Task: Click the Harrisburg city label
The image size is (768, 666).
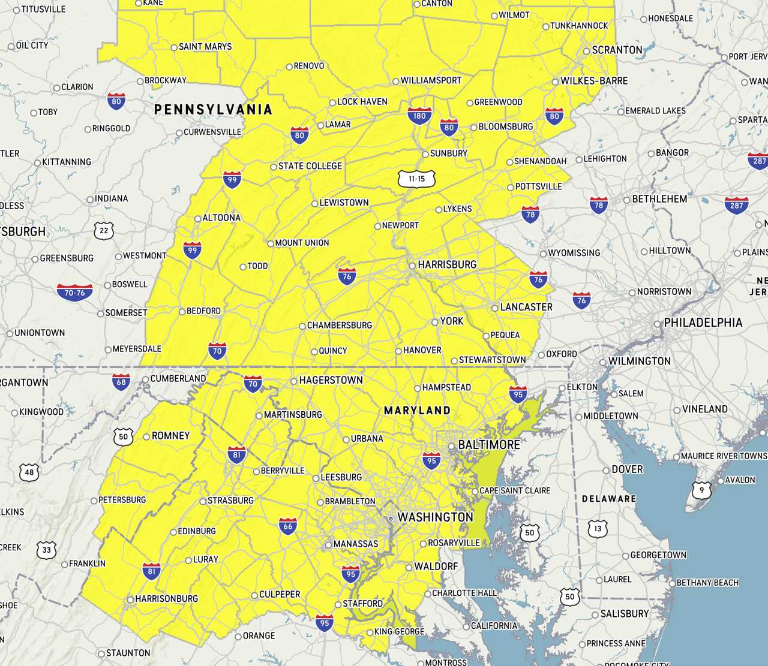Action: pyautogui.click(x=447, y=264)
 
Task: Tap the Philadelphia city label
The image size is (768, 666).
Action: pyautogui.click(x=703, y=323)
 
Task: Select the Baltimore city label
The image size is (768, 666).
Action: pyautogui.click(x=488, y=445)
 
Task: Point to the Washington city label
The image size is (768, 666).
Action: pyautogui.click(x=435, y=517)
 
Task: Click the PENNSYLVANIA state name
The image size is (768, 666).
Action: pyautogui.click(x=213, y=110)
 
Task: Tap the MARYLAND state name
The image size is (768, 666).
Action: pyautogui.click(x=417, y=411)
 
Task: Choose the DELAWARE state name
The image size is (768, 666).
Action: pyautogui.click(x=608, y=499)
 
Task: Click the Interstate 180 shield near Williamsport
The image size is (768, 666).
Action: pyautogui.click(x=419, y=116)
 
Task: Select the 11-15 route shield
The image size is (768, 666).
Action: pyautogui.click(x=416, y=179)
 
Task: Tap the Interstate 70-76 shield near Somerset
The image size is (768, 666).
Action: pyautogui.click(x=75, y=293)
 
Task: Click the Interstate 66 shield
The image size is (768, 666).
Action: pyautogui.click(x=288, y=526)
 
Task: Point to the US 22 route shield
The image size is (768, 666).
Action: pyautogui.click(x=104, y=230)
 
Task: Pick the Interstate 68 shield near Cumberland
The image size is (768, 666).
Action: pyautogui.click(x=121, y=381)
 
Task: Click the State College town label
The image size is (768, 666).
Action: pyautogui.click(x=310, y=166)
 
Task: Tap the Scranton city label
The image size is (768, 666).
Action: pyautogui.click(x=617, y=50)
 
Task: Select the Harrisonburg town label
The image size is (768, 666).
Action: pyautogui.click(x=166, y=599)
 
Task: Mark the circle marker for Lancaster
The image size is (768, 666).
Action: pyautogui.click(x=495, y=308)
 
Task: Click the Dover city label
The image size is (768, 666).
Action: pyautogui.click(x=627, y=469)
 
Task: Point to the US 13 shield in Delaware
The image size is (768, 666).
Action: pyautogui.click(x=598, y=528)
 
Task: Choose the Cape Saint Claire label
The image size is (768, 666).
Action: pyautogui.click(x=515, y=490)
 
